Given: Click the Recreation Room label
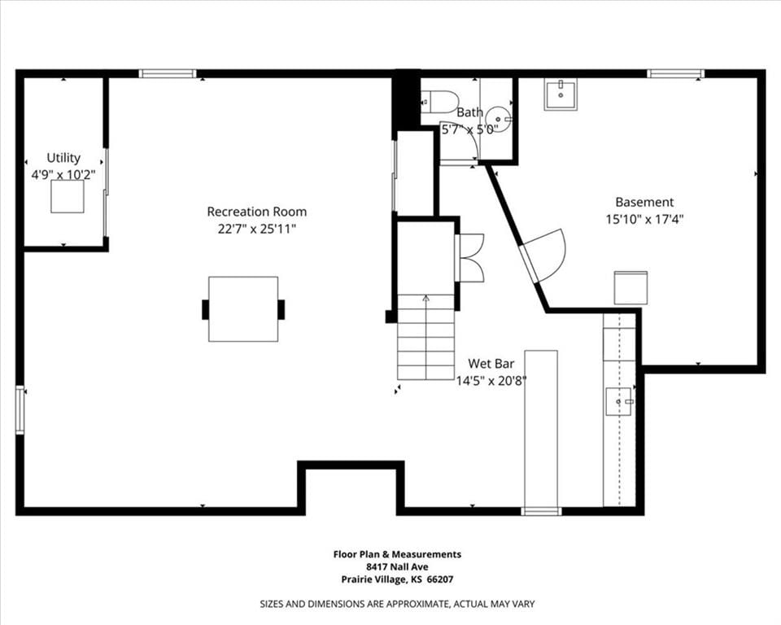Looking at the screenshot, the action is (x=256, y=212).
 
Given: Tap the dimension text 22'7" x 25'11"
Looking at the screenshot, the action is (x=257, y=229).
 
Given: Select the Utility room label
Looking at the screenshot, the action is (x=63, y=158).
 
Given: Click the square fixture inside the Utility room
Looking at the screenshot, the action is (x=68, y=196).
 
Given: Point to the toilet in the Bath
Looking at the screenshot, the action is (x=438, y=102).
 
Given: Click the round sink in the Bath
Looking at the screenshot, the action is (x=499, y=119).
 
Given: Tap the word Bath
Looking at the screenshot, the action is (x=469, y=112).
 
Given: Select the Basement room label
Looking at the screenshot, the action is (x=644, y=202).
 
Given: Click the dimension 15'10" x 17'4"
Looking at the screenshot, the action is (x=644, y=219).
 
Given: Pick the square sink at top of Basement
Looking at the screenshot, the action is (x=561, y=94).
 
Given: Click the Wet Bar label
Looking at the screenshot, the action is (x=491, y=364).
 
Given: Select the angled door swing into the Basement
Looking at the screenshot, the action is (x=545, y=254).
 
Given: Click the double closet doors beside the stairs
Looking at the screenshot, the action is (x=471, y=258).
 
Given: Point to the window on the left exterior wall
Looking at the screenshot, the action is (x=20, y=409).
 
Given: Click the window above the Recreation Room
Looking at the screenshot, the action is (x=168, y=74).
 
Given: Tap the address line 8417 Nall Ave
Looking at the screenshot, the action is (x=397, y=566).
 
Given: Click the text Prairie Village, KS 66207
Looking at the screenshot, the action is (x=397, y=579).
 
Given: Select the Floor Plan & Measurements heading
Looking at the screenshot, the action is (x=397, y=554).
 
